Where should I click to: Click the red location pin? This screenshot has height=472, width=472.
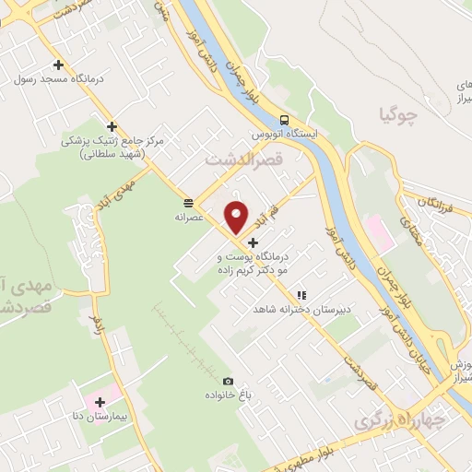click(237, 216)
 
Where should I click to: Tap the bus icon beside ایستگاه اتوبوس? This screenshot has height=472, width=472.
click(284, 120)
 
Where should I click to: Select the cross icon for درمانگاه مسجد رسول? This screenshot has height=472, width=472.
click(58, 65)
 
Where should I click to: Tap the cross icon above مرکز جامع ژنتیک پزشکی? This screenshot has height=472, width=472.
click(112, 127)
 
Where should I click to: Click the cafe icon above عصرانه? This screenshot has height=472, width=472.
click(188, 202)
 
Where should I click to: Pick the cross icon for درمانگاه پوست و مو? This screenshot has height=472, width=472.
click(254, 242)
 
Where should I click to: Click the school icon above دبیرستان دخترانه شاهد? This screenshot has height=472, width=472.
click(301, 295)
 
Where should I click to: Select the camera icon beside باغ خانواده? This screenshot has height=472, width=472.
click(228, 381)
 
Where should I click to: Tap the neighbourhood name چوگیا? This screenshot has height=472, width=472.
click(398, 115)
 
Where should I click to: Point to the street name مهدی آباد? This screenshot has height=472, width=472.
click(119, 190)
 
